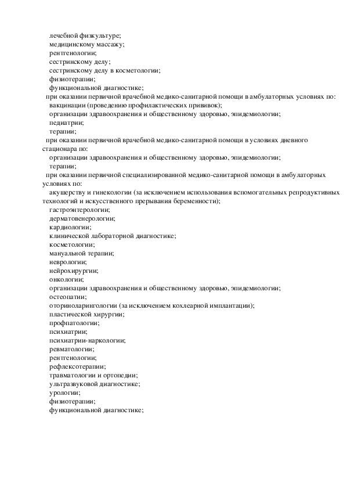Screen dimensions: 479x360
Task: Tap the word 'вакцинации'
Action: click(67, 106)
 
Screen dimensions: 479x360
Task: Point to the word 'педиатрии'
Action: click(66, 123)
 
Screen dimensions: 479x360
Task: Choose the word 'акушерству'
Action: click(68, 192)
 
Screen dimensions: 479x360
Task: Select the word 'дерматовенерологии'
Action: click(82, 218)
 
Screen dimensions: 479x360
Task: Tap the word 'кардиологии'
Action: click(70, 227)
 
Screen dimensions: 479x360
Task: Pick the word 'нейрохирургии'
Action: click(73, 271)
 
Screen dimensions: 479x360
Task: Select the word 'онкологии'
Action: click(66, 279)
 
